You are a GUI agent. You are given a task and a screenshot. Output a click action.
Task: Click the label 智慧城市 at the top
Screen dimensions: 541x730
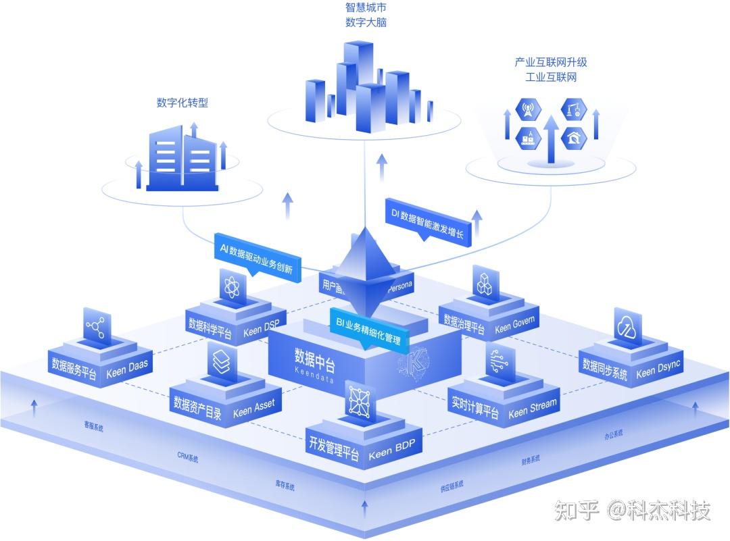pyautogui.click(x=366, y=8)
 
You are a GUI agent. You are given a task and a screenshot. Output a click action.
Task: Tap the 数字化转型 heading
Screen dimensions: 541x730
pyautogui.click(x=182, y=103)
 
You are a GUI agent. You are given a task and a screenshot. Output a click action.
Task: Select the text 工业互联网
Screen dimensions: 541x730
pyautogui.click(x=551, y=77)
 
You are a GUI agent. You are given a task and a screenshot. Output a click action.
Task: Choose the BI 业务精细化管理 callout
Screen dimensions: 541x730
pyautogui.click(x=368, y=330)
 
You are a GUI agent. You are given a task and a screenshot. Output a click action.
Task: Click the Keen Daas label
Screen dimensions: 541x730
pyautogui.click(x=127, y=369)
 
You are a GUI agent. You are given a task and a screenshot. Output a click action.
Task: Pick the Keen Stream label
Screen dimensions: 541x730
pyautogui.click(x=533, y=408)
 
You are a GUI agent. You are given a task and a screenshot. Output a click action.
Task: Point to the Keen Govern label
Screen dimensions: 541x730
pyautogui.click(x=514, y=325)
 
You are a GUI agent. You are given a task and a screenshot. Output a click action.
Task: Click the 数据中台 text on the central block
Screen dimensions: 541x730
pyautogui.click(x=314, y=355)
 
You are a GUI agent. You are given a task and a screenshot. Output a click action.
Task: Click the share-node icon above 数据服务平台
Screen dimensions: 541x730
pyautogui.click(x=96, y=328)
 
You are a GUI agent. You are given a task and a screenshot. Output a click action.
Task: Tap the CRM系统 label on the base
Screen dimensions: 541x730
pyautogui.click(x=187, y=458)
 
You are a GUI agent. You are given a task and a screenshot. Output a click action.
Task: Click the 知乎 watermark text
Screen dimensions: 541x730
pyautogui.click(x=577, y=511)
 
